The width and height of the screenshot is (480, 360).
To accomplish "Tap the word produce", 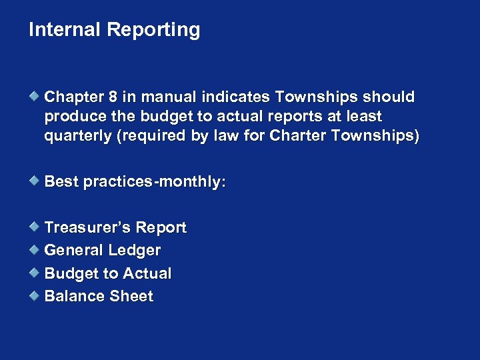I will (x=73, y=117).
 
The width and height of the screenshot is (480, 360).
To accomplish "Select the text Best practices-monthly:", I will (x=135, y=182).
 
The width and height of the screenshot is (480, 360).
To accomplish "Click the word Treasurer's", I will (x=87, y=228).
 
